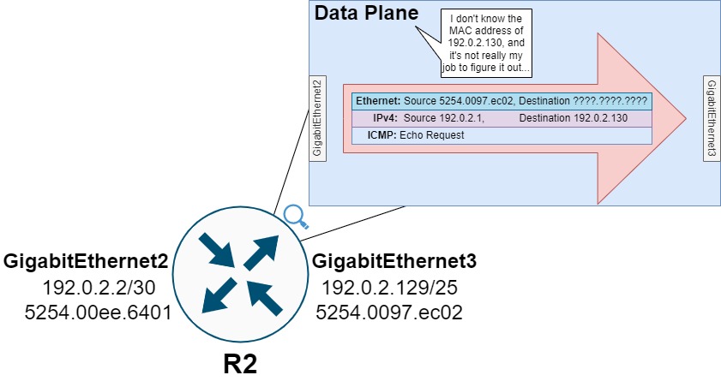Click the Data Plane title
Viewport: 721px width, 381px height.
point(367,14)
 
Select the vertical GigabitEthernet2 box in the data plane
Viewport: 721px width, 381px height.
point(317,118)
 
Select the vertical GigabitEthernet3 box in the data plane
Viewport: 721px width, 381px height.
point(711,118)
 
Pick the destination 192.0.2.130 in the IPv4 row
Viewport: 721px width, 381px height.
point(598,117)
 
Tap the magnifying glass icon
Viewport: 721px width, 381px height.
point(295,217)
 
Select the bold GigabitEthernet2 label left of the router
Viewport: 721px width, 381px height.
point(85,261)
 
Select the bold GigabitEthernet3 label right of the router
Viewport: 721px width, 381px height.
point(394,261)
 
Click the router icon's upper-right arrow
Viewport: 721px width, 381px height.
point(263,250)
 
